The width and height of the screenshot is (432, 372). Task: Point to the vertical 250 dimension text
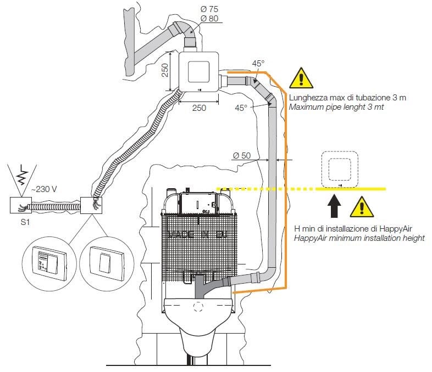[165, 69]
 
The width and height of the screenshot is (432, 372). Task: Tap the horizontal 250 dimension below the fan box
[199, 108]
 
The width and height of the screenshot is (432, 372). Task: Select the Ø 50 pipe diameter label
[241, 156]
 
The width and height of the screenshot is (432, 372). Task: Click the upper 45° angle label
[258, 64]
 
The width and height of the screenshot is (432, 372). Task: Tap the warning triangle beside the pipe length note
[301, 78]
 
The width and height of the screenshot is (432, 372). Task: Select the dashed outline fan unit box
[340, 168]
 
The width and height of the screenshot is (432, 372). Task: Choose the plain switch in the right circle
[103, 260]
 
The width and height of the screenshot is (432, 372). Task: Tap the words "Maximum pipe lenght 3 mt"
[336, 107]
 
